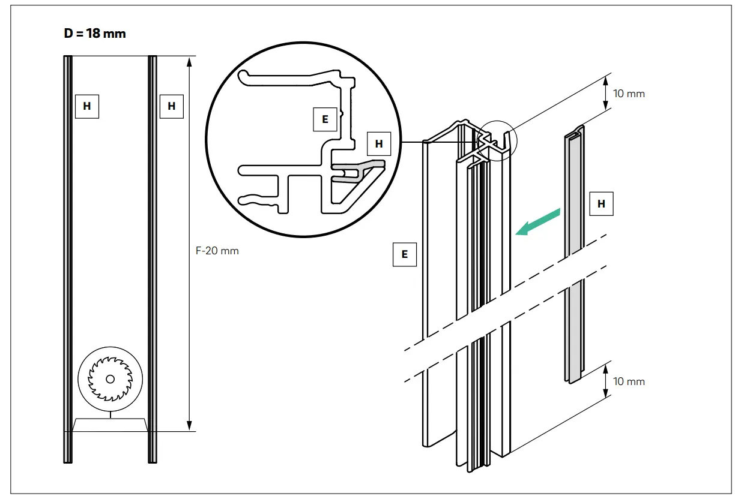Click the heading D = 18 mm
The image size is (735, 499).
(95, 34)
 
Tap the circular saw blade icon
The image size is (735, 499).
(110, 378)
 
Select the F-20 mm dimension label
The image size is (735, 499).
(217, 251)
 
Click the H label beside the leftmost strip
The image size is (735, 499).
(87, 106)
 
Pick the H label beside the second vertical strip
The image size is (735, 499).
(172, 106)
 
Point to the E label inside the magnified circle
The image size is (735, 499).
(325, 119)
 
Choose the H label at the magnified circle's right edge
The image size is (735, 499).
(378, 144)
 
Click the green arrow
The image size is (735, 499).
(539, 221)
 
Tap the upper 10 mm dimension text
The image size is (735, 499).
(629, 94)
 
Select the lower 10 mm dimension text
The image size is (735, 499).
(629, 381)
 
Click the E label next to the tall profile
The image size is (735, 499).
(404, 254)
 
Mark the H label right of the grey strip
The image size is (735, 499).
(601, 204)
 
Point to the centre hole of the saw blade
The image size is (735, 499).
(110, 379)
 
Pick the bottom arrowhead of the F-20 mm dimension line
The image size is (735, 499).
(189, 426)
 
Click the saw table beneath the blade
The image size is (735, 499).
(110, 424)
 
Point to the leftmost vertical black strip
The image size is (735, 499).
(68, 258)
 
